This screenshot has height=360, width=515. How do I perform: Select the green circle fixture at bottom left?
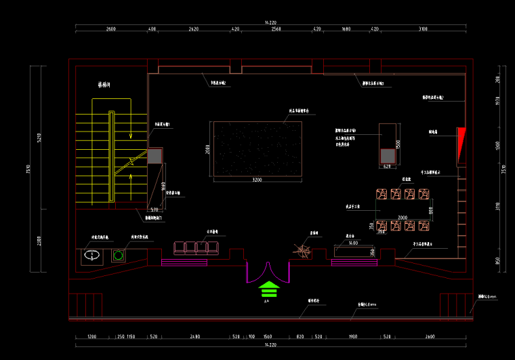[x=119, y=256]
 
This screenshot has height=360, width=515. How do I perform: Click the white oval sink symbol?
[x=91, y=256]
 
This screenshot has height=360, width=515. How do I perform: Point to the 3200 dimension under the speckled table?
[x=257, y=180]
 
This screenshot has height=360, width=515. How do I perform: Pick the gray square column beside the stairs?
[x=155, y=157]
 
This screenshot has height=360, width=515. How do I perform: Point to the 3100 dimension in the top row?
[x=423, y=30]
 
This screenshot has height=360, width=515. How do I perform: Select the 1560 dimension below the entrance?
[x=267, y=337]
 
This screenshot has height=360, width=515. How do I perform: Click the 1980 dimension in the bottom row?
[x=352, y=337]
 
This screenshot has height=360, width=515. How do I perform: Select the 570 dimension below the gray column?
[x=154, y=209]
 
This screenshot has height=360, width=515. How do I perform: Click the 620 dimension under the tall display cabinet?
[x=388, y=167]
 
